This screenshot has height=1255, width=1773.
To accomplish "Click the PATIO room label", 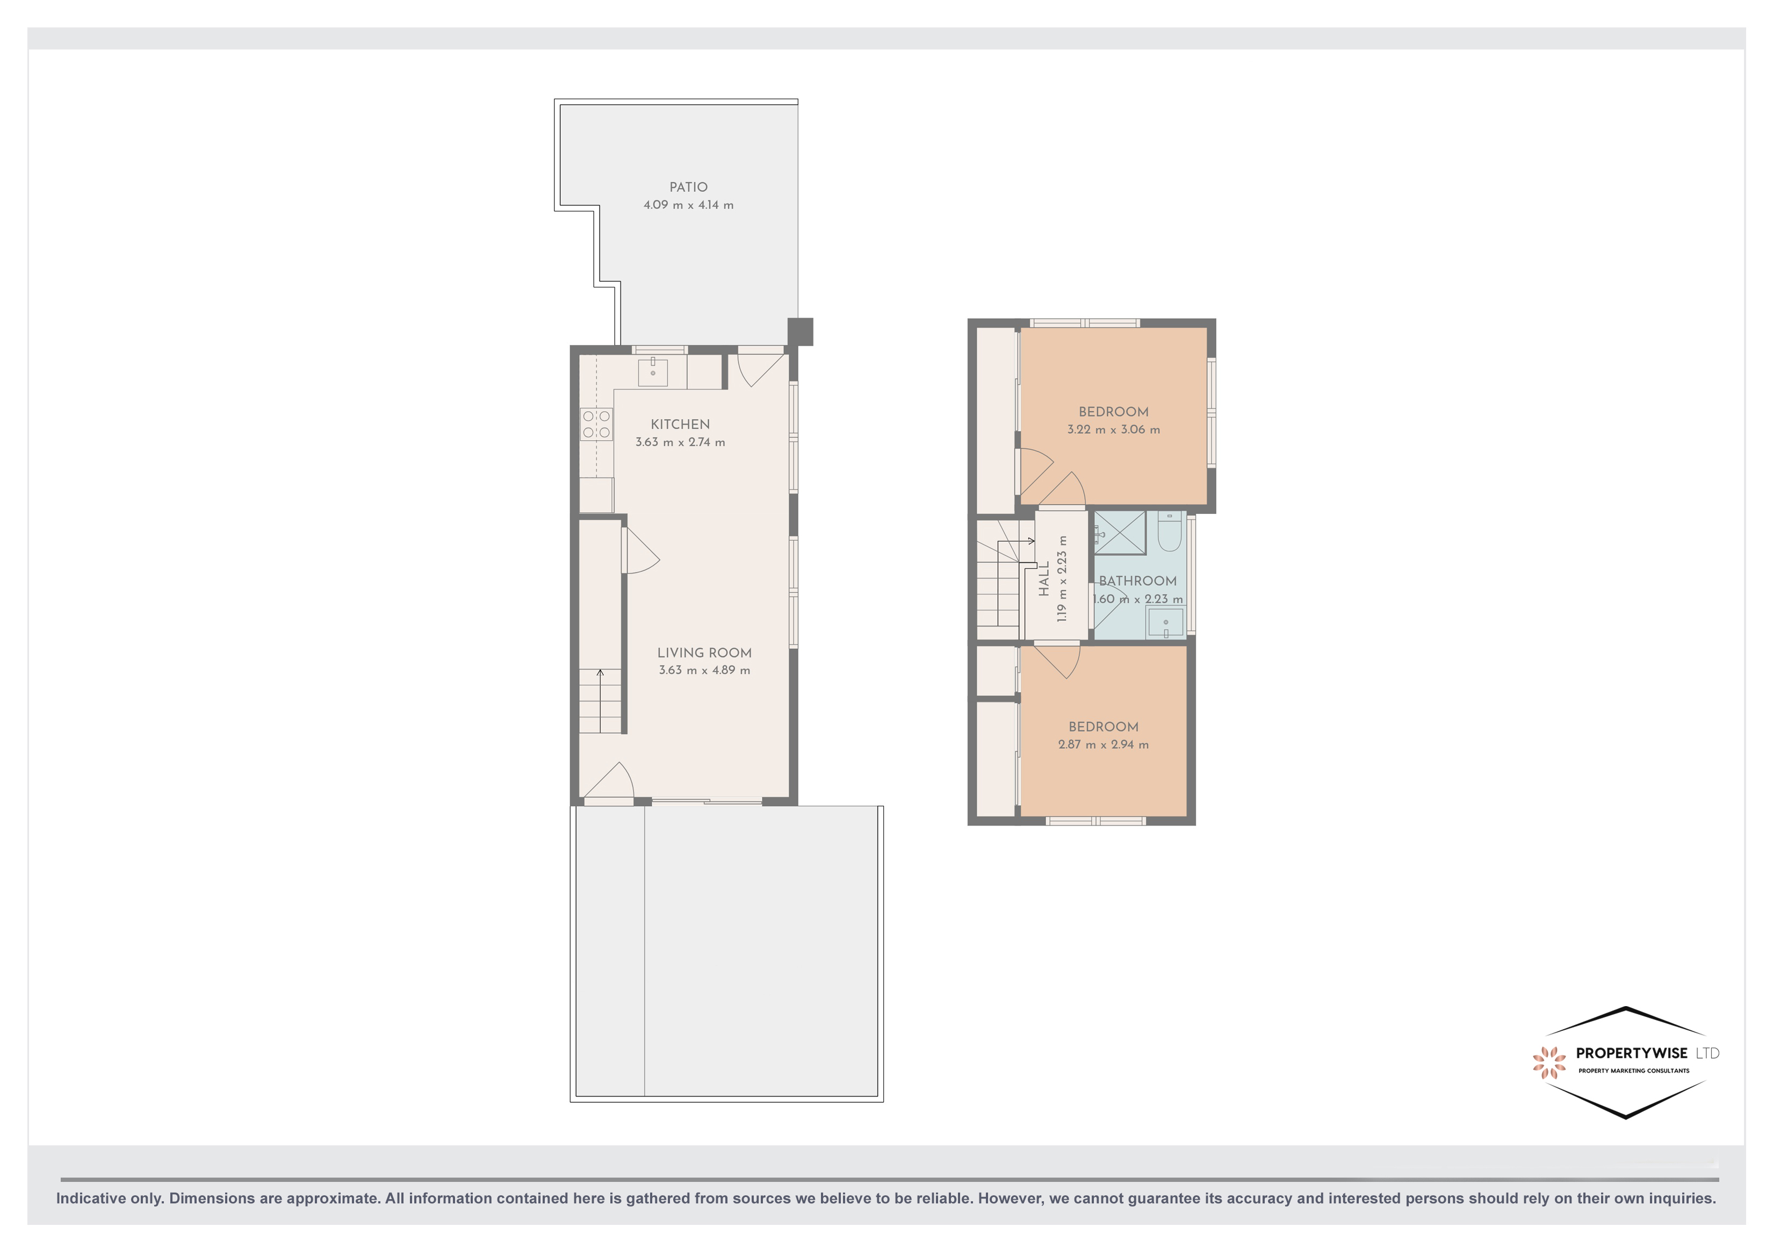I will [688, 187].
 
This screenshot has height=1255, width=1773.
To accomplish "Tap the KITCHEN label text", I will [680, 424].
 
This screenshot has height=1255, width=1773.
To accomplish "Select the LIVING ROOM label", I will [704, 653].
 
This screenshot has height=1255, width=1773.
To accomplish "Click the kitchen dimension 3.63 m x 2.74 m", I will [680, 442].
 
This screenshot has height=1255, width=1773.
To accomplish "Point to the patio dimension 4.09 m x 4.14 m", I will [688, 205].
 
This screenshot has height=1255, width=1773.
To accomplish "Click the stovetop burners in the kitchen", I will [596, 424].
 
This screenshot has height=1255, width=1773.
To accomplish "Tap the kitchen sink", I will [653, 372].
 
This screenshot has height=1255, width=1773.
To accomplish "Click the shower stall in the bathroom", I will [1120, 533].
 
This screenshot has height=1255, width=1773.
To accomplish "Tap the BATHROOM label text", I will [1137, 581].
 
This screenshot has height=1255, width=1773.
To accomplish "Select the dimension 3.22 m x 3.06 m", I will [1113, 429].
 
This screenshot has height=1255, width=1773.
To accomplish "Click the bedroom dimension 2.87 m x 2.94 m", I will [1103, 744].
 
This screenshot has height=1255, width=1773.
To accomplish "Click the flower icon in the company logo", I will [1548, 1062].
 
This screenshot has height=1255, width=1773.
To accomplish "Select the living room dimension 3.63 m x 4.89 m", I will [704, 670].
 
